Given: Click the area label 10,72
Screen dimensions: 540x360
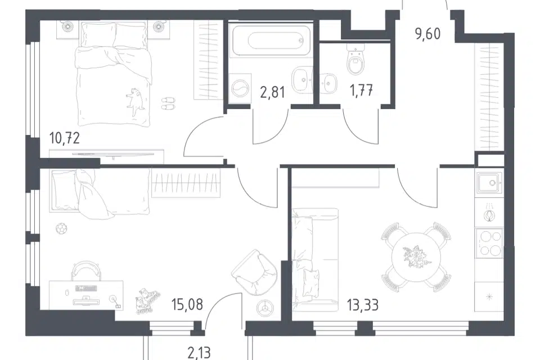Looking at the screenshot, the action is tap(64, 138).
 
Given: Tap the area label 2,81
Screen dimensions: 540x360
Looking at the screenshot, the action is tap(272, 92).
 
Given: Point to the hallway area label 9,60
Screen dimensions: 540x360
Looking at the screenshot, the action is tap(427, 34).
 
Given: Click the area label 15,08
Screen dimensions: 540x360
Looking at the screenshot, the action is tap(187, 304).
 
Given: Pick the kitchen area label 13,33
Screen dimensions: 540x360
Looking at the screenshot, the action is tap(363, 305).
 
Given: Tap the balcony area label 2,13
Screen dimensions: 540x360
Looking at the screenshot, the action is tap(199, 353).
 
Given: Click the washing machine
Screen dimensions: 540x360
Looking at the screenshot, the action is tap(240, 88).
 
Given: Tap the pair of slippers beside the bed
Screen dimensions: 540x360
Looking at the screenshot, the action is tap(168, 103).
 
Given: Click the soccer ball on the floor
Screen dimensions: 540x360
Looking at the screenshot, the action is tap(61, 228).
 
